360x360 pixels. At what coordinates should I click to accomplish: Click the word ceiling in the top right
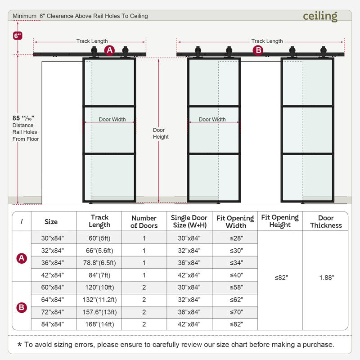coord(320,16)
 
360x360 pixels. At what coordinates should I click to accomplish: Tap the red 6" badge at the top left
coord(18,35)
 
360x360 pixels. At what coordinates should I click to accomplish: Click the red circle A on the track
coord(109,50)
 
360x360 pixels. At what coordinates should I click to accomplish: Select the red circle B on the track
coord(258,50)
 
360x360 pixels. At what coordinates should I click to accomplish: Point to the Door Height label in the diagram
coord(161,134)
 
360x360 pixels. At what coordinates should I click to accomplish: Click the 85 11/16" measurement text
coord(24,118)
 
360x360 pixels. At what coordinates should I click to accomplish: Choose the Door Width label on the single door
coord(112,120)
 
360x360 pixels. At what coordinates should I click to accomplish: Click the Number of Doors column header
coord(144,221)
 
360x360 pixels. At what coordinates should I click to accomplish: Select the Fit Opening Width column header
coord(235,221)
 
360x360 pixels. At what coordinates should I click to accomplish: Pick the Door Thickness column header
coord(326,221)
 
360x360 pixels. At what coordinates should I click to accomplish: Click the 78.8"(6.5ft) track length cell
coord(99,263)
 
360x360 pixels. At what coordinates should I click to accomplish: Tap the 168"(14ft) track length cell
coord(99,324)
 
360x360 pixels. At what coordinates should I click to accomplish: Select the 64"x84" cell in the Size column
coord(51,300)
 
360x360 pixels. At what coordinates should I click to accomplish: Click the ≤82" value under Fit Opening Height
coord(280,278)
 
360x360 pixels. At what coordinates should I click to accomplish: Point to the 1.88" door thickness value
coord(326,278)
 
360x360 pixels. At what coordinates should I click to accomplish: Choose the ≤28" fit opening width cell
coord(235,238)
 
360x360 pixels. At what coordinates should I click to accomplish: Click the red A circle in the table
coord(21,258)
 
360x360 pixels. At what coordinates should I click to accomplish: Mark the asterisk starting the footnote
coord(19,345)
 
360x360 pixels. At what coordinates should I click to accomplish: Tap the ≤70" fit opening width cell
coord(235,312)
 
